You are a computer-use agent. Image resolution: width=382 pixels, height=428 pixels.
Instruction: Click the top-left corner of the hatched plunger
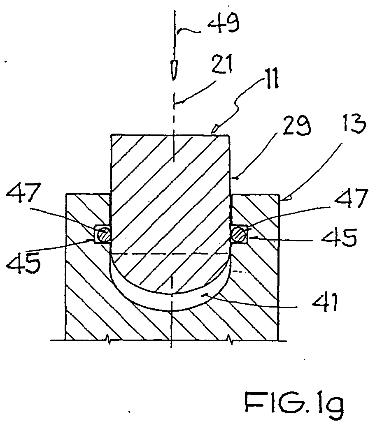(x=111, y=134)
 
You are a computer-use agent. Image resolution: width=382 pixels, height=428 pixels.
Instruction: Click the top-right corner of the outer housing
(x=279, y=194)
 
